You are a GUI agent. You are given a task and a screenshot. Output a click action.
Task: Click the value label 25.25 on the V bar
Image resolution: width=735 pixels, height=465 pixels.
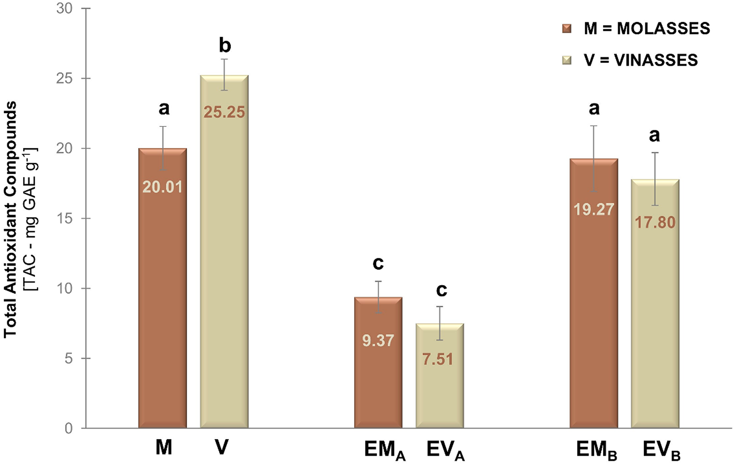tap(224, 112)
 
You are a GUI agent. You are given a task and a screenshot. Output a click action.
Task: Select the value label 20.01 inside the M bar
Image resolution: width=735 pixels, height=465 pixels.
tap(162, 187)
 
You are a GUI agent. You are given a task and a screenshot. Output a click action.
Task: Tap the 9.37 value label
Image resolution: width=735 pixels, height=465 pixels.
tap(378, 340)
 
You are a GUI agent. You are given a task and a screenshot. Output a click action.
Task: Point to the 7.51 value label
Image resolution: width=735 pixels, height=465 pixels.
tap(438, 359)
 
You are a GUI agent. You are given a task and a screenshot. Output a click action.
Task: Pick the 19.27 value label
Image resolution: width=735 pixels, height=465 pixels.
tap(593, 209)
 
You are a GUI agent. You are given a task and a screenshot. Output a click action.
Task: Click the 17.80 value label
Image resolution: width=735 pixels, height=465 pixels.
tap(655, 222)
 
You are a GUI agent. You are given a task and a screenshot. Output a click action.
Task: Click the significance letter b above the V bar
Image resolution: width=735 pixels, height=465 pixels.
tap(224, 46)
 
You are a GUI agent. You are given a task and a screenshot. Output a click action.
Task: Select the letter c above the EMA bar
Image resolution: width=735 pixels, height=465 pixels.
tap(378, 263)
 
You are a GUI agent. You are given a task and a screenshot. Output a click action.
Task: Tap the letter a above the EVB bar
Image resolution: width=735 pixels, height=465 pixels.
tap(654, 135)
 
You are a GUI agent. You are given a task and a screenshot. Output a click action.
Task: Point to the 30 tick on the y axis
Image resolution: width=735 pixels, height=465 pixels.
tap(64, 8)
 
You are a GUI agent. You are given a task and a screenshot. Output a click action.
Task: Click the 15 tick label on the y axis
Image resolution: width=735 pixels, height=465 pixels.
tap(64, 219)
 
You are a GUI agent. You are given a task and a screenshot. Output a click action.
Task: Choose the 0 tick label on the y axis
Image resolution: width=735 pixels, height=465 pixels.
tap(69, 428)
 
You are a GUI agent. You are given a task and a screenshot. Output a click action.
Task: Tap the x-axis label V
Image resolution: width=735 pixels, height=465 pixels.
tap(221, 447)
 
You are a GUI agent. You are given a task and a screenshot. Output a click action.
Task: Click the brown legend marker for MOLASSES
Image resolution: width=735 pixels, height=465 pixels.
tap(567, 28)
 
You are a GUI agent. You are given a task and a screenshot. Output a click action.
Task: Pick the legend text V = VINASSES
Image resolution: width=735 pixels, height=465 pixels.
tap(640, 60)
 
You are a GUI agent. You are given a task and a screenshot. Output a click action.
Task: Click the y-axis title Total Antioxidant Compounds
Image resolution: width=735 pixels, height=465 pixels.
tap(11, 219)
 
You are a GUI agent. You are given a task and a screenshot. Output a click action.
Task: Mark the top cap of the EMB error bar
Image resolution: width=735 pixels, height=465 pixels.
tap(593, 126)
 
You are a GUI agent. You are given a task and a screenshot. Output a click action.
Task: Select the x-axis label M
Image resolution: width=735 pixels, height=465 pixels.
tap(164, 447)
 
